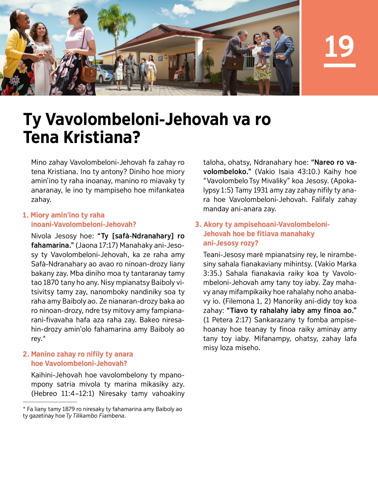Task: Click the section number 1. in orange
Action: (x=26, y=215)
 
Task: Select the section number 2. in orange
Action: (x=26, y=354)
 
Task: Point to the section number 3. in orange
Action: (x=198, y=225)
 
